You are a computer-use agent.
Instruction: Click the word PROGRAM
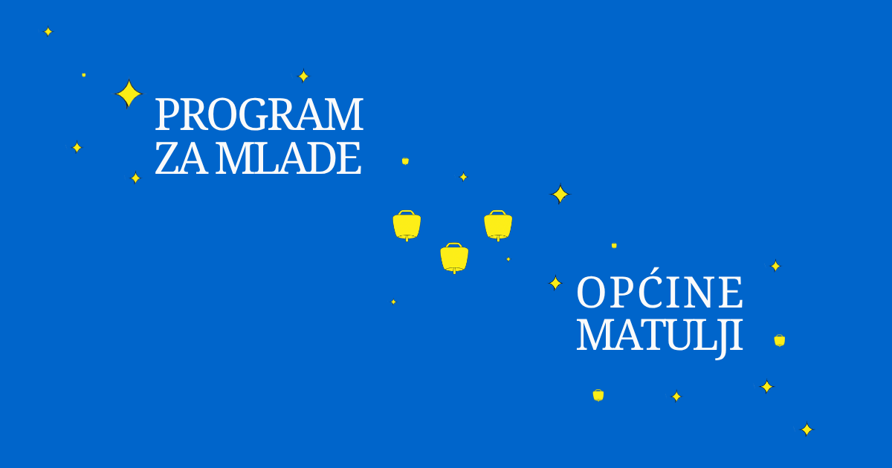click(259, 116)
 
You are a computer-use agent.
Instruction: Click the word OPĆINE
click(659, 293)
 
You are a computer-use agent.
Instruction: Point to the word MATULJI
click(659, 337)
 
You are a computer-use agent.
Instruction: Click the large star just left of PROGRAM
click(129, 94)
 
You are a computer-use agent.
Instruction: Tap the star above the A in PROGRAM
click(303, 76)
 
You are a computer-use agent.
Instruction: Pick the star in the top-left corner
click(48, 32)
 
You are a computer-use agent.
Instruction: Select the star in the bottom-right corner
click(807, 429)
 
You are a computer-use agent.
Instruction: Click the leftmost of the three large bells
click(407, 226)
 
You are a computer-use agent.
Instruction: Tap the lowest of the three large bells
click(454, 258)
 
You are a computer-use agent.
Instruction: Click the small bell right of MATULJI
click(779, 340)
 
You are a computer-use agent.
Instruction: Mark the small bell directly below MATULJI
click(598, 395)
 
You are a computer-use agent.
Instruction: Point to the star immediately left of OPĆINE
click(555, 283)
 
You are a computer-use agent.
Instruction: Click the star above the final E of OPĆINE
click(775, 266)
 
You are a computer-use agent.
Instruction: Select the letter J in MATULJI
click(720, 339)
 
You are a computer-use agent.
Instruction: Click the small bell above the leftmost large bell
click(405, 161)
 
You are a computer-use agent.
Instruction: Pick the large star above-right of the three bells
click(560, 195)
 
